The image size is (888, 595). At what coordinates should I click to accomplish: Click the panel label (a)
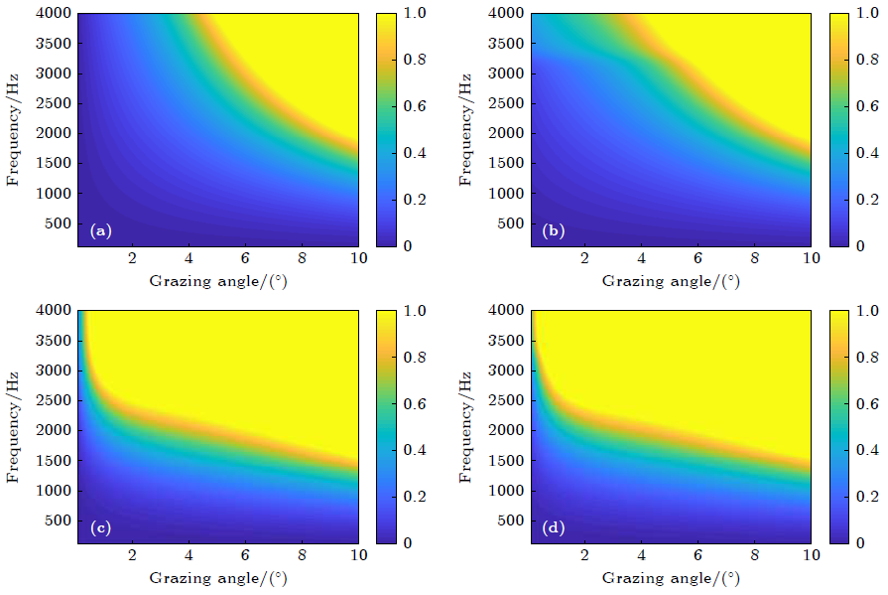point(100,231)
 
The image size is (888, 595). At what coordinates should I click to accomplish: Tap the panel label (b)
point(553,231)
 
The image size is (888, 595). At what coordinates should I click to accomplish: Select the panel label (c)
point(100,528)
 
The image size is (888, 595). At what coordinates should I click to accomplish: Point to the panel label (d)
point(553,528)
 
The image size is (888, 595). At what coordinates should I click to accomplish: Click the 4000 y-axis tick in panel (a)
point(55,14)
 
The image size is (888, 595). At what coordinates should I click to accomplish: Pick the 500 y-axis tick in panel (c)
point(59,521)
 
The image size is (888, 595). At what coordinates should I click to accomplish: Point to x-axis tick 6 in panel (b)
point(698,258)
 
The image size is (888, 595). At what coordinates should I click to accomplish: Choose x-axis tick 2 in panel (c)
point(132,555)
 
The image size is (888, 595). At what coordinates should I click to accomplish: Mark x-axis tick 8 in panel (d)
point(754,555)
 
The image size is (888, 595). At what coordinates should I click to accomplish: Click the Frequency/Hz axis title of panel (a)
point(14,129)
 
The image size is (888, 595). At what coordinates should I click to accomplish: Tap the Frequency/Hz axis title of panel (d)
point(466,426)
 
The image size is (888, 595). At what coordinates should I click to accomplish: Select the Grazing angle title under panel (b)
point(671,281)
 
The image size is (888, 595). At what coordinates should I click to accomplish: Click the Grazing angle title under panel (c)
point(218,578)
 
